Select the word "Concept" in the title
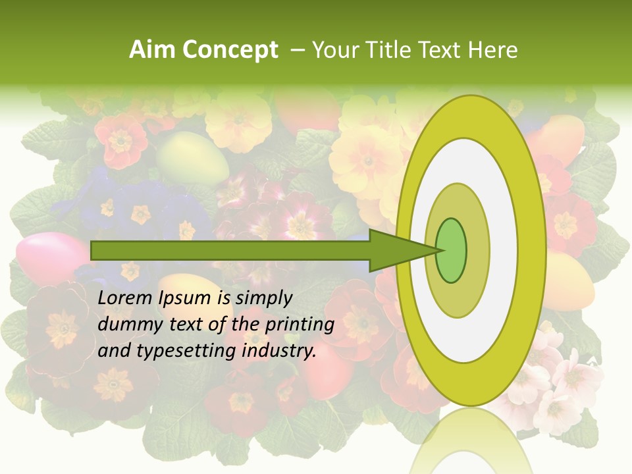click(230, 50)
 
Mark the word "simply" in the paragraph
click(263, 298)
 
